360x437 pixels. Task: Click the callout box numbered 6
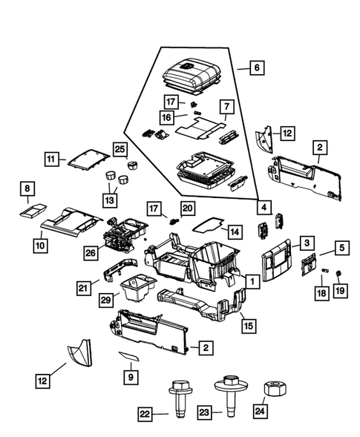coord(256,68)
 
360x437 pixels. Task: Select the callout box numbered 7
coord(226,106)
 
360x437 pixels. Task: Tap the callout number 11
coord(51,159)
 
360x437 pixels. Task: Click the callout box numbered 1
coord(252,281)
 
